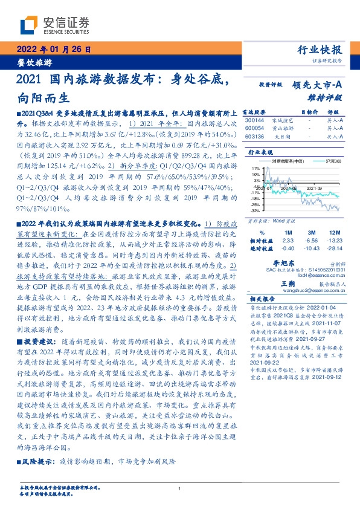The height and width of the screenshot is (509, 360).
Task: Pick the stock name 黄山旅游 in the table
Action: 283,128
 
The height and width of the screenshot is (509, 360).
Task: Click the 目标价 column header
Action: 309,112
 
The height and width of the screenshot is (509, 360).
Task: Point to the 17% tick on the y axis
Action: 256,168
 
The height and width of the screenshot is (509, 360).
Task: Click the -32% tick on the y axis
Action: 256,212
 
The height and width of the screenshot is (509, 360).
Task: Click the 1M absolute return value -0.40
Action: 288,247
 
